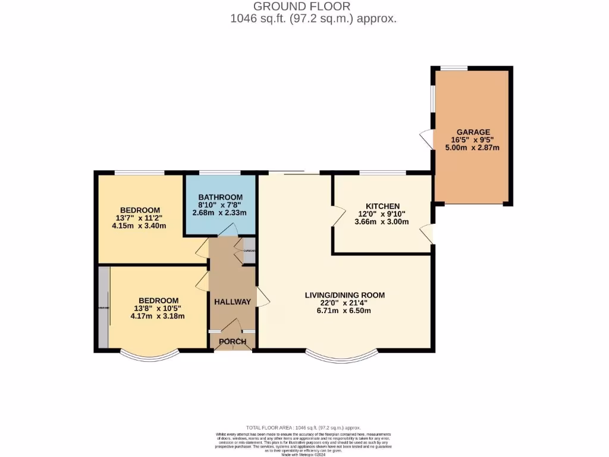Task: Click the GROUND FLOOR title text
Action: pos(302,7)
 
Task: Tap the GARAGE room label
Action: pos(473,132)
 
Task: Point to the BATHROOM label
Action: pos(220,197)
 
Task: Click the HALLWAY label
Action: pos(232,302)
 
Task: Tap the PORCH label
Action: pos(232,341)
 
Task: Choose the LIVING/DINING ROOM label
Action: pos(344,295)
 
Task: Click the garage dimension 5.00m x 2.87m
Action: pos(473,148)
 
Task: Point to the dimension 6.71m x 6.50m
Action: pos(344,311)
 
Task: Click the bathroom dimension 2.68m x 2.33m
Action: pos(220,213)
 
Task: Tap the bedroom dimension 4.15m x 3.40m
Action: pos(140,226)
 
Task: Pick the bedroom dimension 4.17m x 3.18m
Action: pos(158,316)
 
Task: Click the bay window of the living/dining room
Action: pos(343,357)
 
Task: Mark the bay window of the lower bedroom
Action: pos(149,356)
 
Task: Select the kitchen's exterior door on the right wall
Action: pos(428,234)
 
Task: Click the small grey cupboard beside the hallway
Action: pos(249,251)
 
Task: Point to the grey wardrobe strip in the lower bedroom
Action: pos(103,307)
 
